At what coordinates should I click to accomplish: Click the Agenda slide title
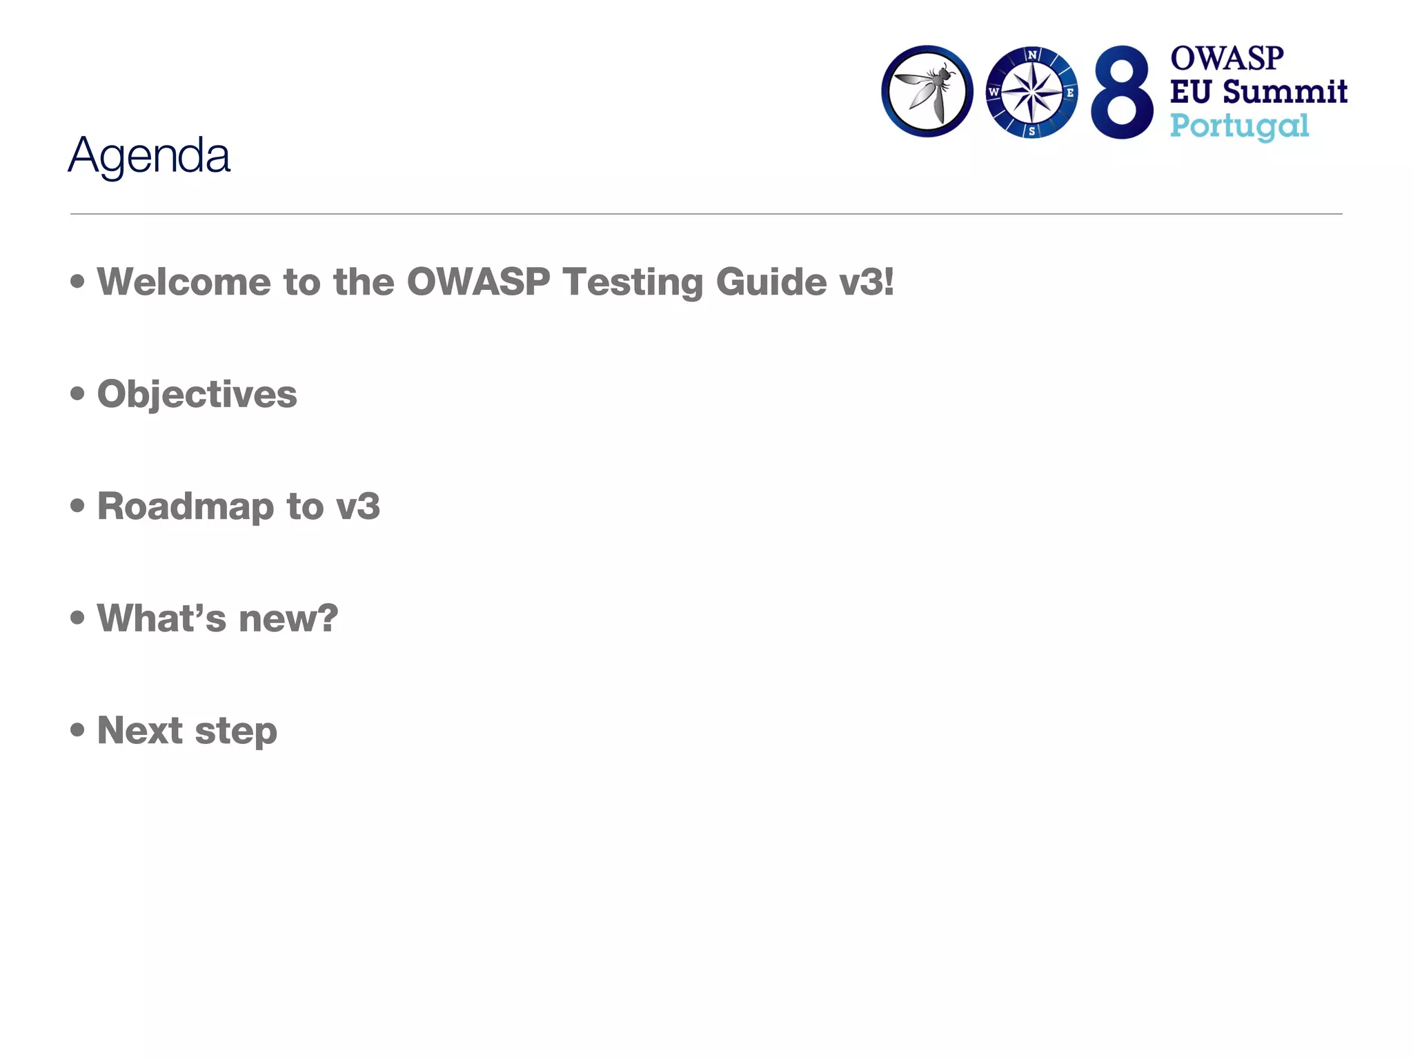[x=149, y=156]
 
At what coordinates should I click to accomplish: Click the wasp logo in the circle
[x=927, y=91]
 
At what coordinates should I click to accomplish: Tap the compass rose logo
[x=1031, y=92]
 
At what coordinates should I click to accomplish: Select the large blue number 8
[x=1122, y=92]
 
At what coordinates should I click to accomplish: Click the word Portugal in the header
[x=1239, y=127]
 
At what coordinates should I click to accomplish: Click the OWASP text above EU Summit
[x=1227, y=59]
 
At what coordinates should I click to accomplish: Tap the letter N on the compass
[x=1032, y=55]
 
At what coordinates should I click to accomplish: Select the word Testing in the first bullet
[x=632, y=283]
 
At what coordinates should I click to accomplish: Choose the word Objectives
[x=197, y=395]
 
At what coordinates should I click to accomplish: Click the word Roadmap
[x=186, y=507]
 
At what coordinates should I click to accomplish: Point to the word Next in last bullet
[x=139, y=730]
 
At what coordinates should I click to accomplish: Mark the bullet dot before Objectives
[x=77, y=393]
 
